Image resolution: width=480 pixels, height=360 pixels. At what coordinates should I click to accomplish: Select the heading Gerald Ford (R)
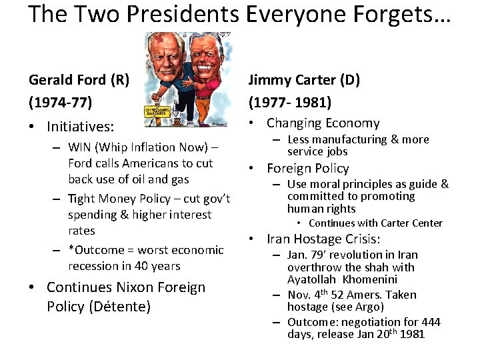[79, 80]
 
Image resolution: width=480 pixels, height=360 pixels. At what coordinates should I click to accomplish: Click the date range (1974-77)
[61, 103]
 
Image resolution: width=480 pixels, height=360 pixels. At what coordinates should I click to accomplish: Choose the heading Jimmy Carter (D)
[304, 80]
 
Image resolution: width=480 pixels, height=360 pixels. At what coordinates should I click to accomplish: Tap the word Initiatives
[80, 126]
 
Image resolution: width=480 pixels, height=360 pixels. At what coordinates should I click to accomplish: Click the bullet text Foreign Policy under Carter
[308, 168]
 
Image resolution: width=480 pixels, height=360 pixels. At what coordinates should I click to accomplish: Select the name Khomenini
[371, 279]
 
